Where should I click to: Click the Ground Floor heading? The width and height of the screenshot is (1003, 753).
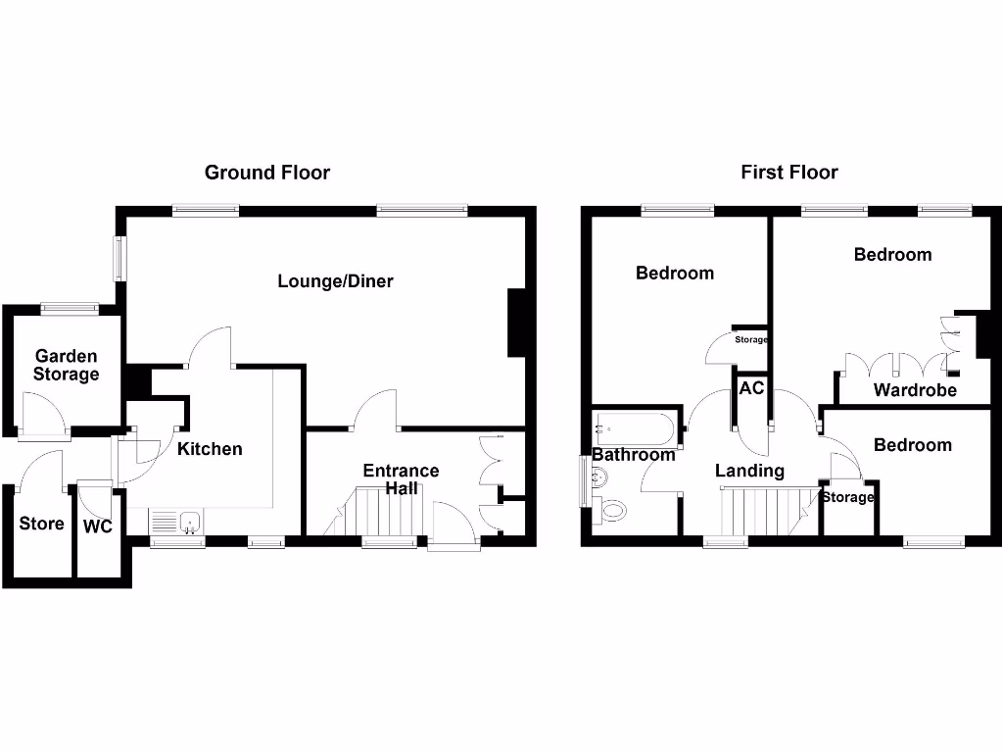(x=266, y=173)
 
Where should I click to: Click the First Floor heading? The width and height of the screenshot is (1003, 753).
(x=788, y=173)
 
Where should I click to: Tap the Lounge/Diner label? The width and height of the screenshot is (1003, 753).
(x=335, y=281)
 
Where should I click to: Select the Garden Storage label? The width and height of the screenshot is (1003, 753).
(x=66, y=365)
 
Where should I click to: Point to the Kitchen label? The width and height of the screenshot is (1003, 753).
(x=210, y=449)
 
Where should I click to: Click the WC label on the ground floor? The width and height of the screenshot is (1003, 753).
(x=98, y=527)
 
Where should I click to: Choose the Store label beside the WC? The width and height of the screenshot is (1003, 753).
(x=41, y=524)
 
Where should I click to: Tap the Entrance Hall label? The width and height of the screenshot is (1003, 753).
(x=401, y=479)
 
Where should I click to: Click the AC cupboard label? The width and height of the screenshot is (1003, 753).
(x=751, y=388)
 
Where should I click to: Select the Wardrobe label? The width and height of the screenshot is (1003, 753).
(x=915, y=391)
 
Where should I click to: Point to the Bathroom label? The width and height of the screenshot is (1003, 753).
(x=633, y=455)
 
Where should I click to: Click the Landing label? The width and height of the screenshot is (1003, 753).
(x=749, y=471)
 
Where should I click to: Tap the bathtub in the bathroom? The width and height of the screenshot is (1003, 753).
(x=634, y=428)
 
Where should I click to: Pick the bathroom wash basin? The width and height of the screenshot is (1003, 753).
(x=599, y=477)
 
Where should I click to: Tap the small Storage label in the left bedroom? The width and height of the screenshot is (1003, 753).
(x=751, y=340)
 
